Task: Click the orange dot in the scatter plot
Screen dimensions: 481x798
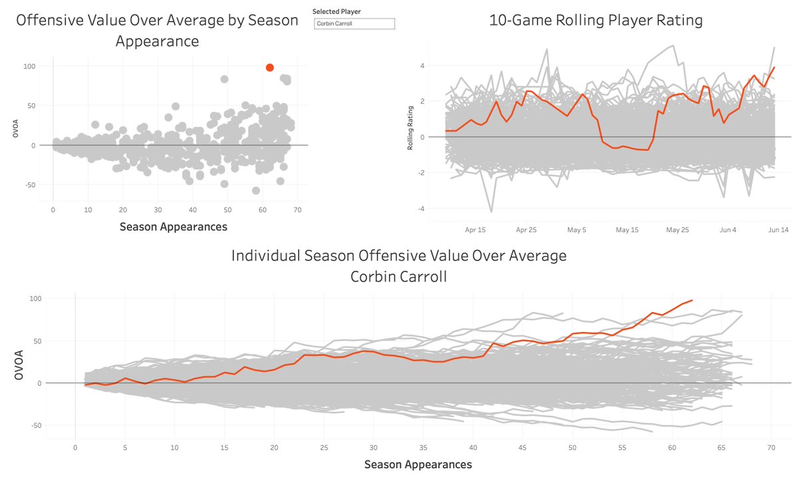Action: coord(270,67)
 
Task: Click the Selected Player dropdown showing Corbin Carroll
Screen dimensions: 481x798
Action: coord(354,24)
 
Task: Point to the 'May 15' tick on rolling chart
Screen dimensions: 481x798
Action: coord(626,230)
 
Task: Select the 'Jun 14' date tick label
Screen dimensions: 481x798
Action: coord(778,230)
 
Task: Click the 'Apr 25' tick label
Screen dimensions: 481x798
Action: coord(526,230)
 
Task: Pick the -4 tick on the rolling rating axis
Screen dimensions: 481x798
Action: coord(421,208)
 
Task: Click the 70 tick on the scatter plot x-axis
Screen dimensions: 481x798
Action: coord(298,210)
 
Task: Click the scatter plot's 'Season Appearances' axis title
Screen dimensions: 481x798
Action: coord(173,227)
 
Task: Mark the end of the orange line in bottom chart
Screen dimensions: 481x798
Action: coord(692,300)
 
